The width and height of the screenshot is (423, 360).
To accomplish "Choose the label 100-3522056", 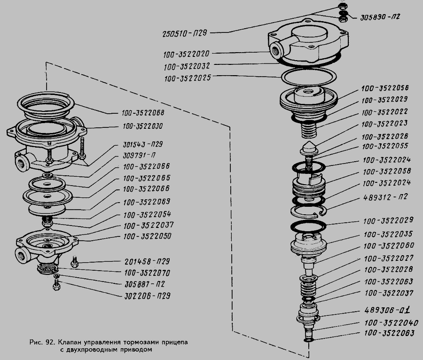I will point(384,88).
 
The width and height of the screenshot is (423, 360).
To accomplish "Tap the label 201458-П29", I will point(147,261).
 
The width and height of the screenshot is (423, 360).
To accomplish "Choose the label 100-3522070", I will point(147,273).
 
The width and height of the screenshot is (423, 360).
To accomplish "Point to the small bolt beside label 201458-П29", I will point(74,261).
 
